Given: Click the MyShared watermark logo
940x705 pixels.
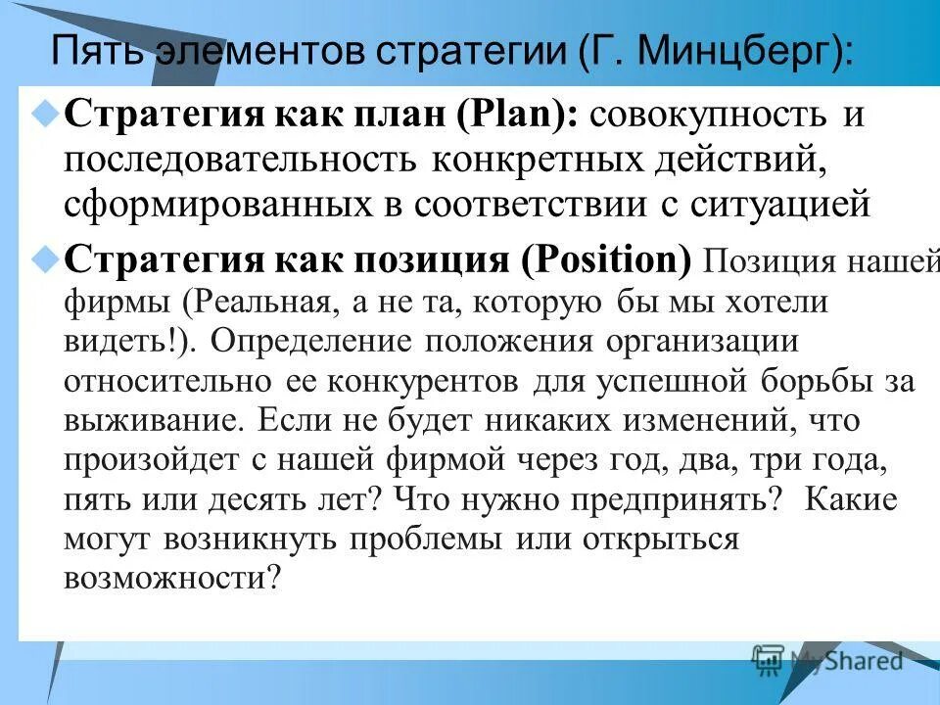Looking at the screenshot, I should click(x=827, y=660).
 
